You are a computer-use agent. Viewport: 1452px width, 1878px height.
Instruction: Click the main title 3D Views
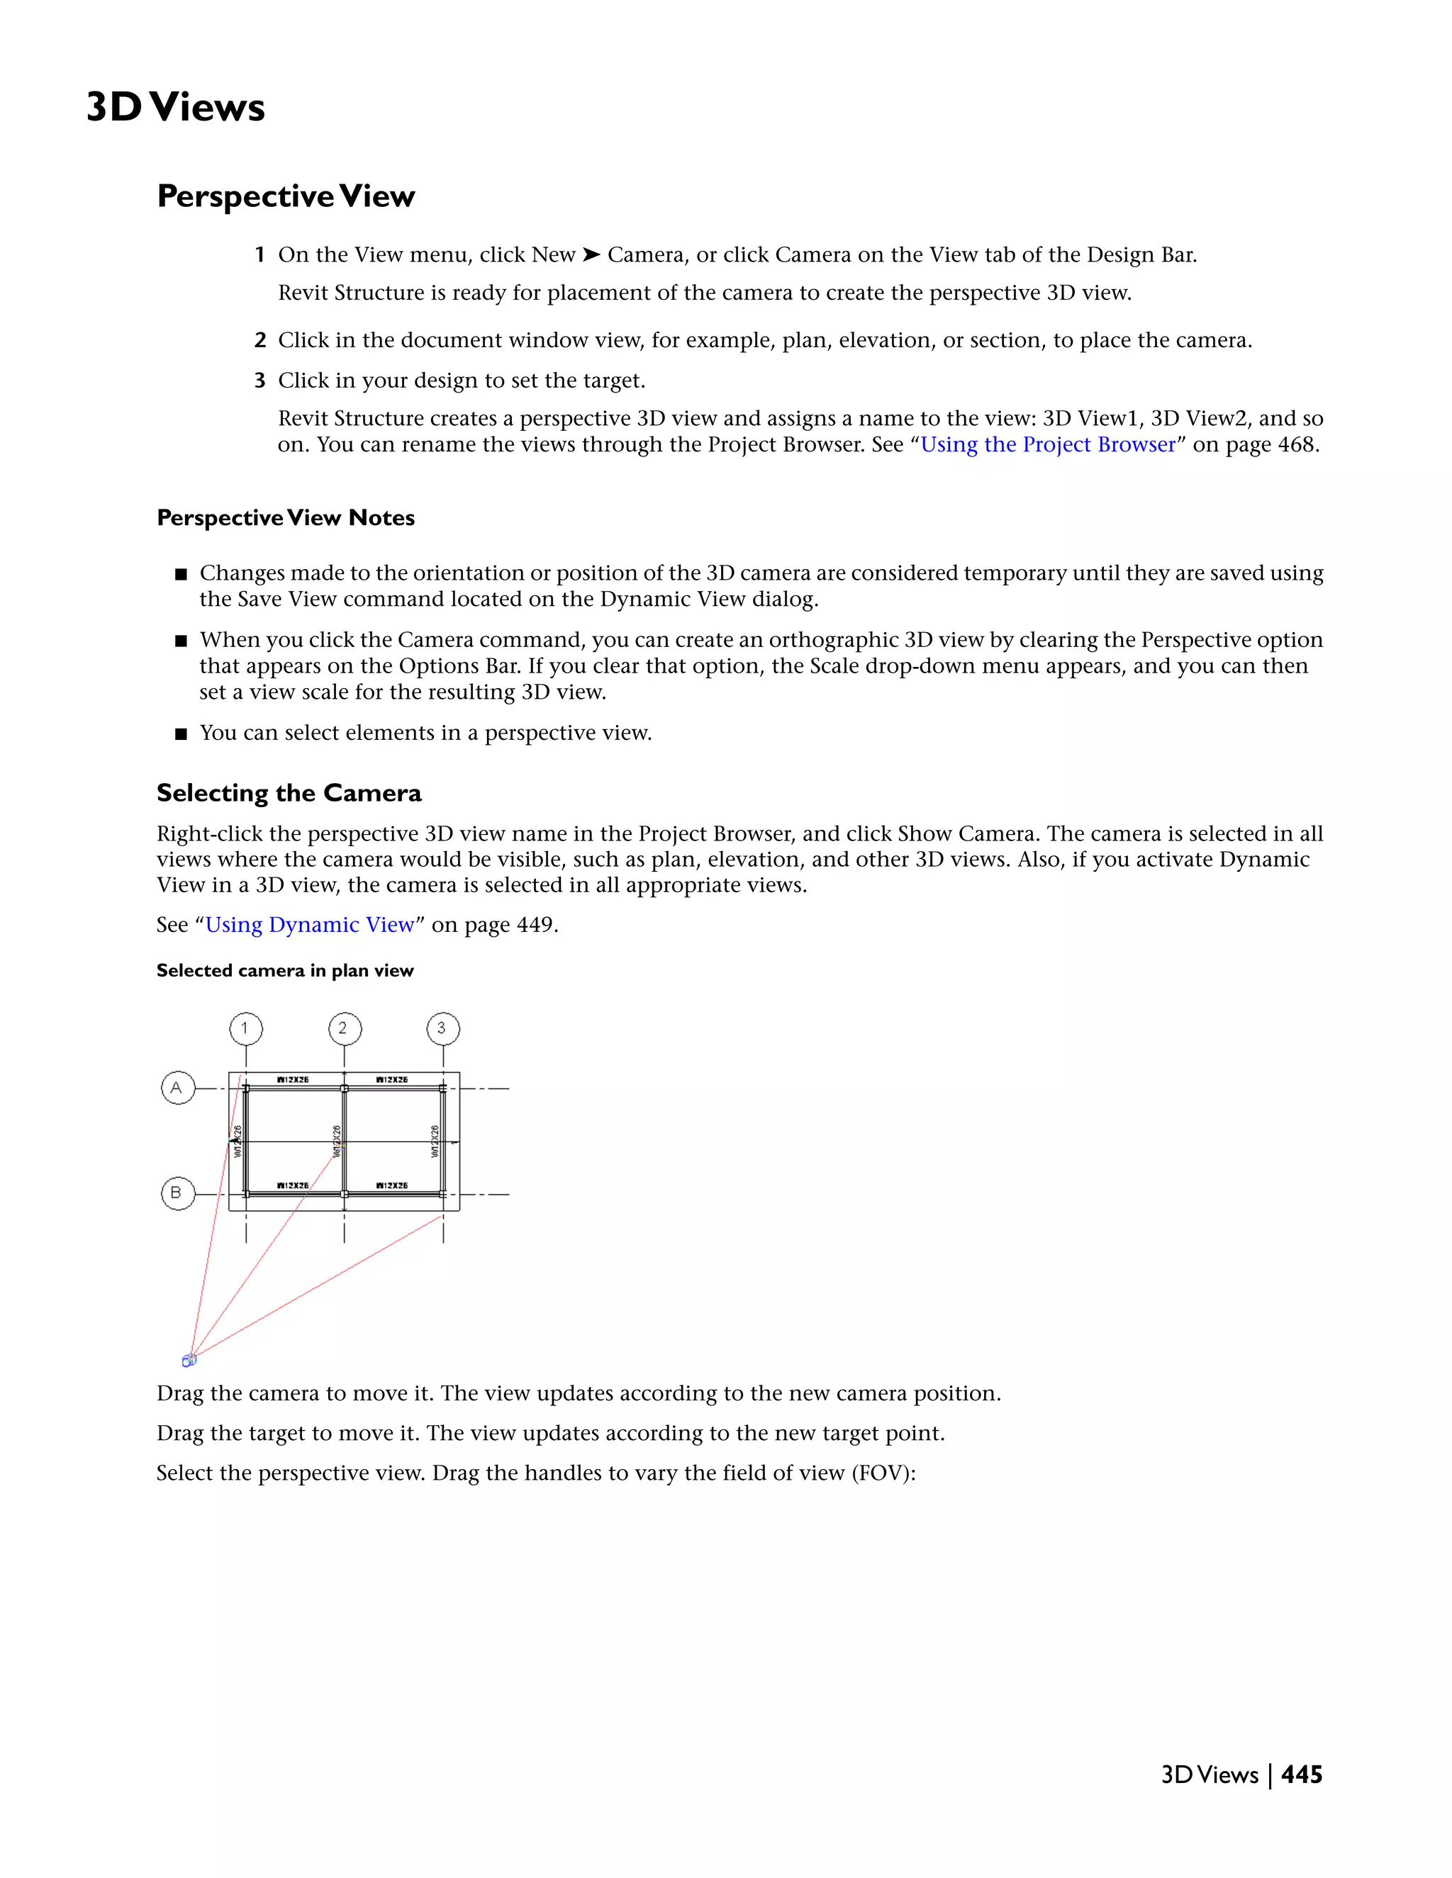(176, 108)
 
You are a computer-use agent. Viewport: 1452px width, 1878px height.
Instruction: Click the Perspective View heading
(286, 196)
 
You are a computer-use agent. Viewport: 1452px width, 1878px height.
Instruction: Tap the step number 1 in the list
(259, 255)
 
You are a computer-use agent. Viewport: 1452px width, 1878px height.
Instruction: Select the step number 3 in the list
(259, 381)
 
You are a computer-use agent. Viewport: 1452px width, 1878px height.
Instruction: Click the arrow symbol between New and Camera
(591, 255)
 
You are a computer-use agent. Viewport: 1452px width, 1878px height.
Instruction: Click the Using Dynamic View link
(310, 926)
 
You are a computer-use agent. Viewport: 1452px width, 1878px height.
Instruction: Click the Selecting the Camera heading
(289, 793)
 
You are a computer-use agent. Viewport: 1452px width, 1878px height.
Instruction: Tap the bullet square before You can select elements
(181, 734)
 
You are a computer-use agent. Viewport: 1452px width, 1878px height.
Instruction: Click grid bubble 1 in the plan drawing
(246, 1028)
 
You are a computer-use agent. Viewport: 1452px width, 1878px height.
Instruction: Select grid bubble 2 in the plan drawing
(344, 1028)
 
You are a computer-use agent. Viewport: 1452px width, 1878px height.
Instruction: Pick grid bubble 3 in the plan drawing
(443, 1028)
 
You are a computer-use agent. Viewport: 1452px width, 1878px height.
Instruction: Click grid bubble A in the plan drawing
(177, 1088)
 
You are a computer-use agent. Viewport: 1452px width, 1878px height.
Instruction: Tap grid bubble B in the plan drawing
(177, 1193)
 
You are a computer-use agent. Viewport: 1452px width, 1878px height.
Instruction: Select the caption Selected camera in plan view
(285, 971)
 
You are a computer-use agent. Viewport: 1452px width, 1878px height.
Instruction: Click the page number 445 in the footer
(1302, 1775)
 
